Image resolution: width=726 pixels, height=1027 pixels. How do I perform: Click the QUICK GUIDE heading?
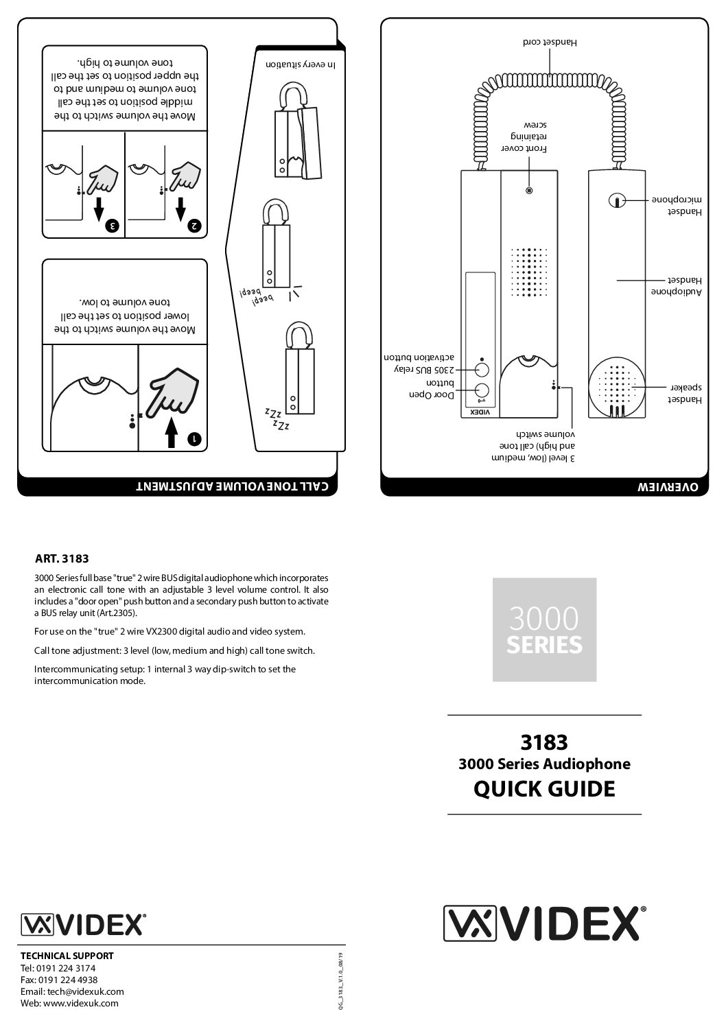click(544, 789)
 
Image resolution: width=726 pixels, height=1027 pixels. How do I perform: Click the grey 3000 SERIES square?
click(544, 630)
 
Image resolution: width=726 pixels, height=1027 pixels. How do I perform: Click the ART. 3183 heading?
click(62, 558)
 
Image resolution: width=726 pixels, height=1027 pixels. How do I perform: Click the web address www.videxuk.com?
click(69, 1003)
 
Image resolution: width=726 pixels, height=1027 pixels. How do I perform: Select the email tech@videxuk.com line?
click(72, 991)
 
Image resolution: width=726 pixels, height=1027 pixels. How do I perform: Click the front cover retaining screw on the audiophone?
click(528, 190)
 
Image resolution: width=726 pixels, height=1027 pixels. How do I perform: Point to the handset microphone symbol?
click(616, 200)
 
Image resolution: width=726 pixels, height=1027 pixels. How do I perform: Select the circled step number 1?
click(195, 438)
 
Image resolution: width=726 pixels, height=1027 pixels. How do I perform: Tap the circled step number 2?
click(195, 225)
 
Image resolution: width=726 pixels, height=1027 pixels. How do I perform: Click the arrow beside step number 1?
click(171, 432)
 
